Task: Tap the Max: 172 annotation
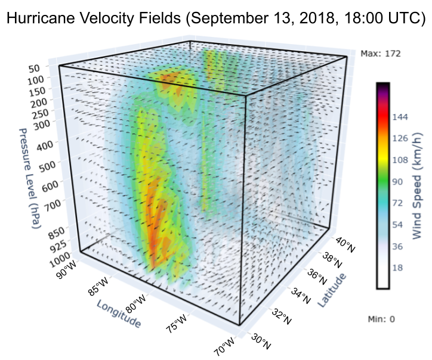(x=381, y=54)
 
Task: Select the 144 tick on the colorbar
(x=400, y=117)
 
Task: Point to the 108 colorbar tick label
(x=400, y=160)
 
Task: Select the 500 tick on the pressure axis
(x=45, y=164)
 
